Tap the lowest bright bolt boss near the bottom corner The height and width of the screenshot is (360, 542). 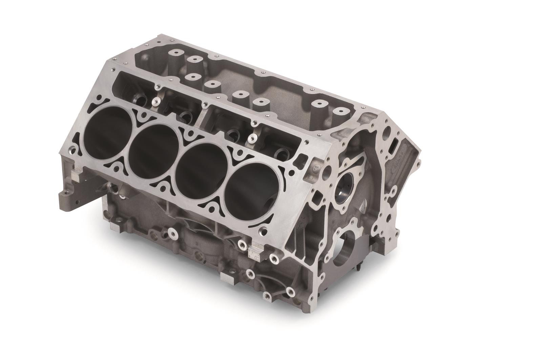(x=290, y=291)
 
